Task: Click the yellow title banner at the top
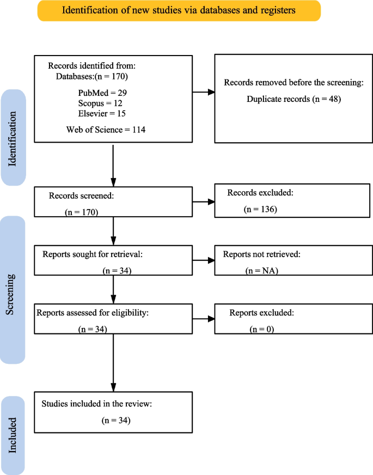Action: (179, 10)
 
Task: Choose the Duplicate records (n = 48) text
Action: (293, 99)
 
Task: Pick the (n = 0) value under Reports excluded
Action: (261, 329)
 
